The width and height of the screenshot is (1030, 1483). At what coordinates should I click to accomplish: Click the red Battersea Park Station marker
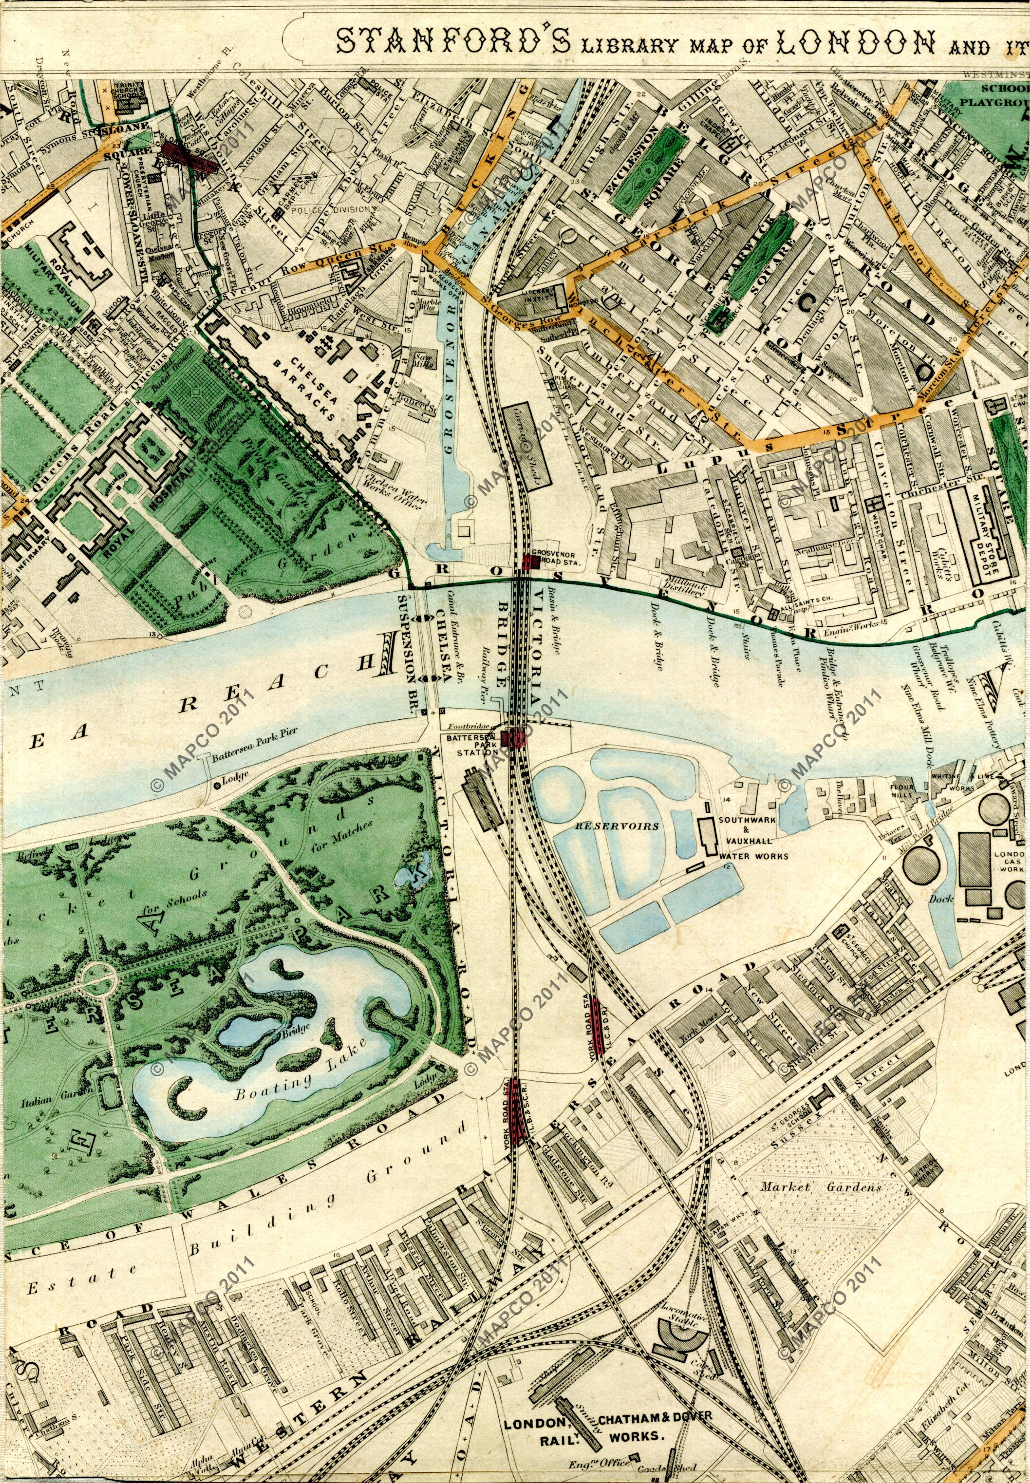coord(516,737)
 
